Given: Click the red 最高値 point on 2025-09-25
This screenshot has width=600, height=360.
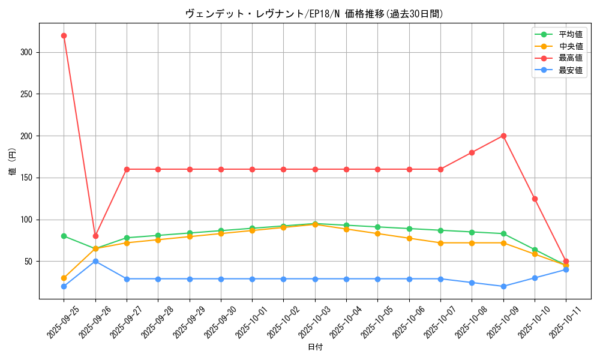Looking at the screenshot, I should pos(64,35).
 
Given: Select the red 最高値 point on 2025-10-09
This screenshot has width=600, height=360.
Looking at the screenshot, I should pos(503,136).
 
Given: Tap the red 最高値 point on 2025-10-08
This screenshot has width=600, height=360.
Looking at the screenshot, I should pos(472,152).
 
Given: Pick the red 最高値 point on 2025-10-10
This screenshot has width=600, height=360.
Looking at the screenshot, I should pos(535,199).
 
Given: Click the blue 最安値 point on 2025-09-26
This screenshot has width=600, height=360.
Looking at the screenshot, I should pos(95,261).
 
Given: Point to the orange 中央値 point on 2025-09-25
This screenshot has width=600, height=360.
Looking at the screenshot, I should pos(64,278).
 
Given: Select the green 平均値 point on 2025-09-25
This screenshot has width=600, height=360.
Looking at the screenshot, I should pos(64,236).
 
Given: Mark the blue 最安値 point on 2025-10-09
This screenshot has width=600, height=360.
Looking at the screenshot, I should pos(503,286).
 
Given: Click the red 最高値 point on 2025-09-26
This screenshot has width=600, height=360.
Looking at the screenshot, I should pos(95,236).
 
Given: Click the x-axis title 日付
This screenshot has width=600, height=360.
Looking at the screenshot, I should pos(315,347).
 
